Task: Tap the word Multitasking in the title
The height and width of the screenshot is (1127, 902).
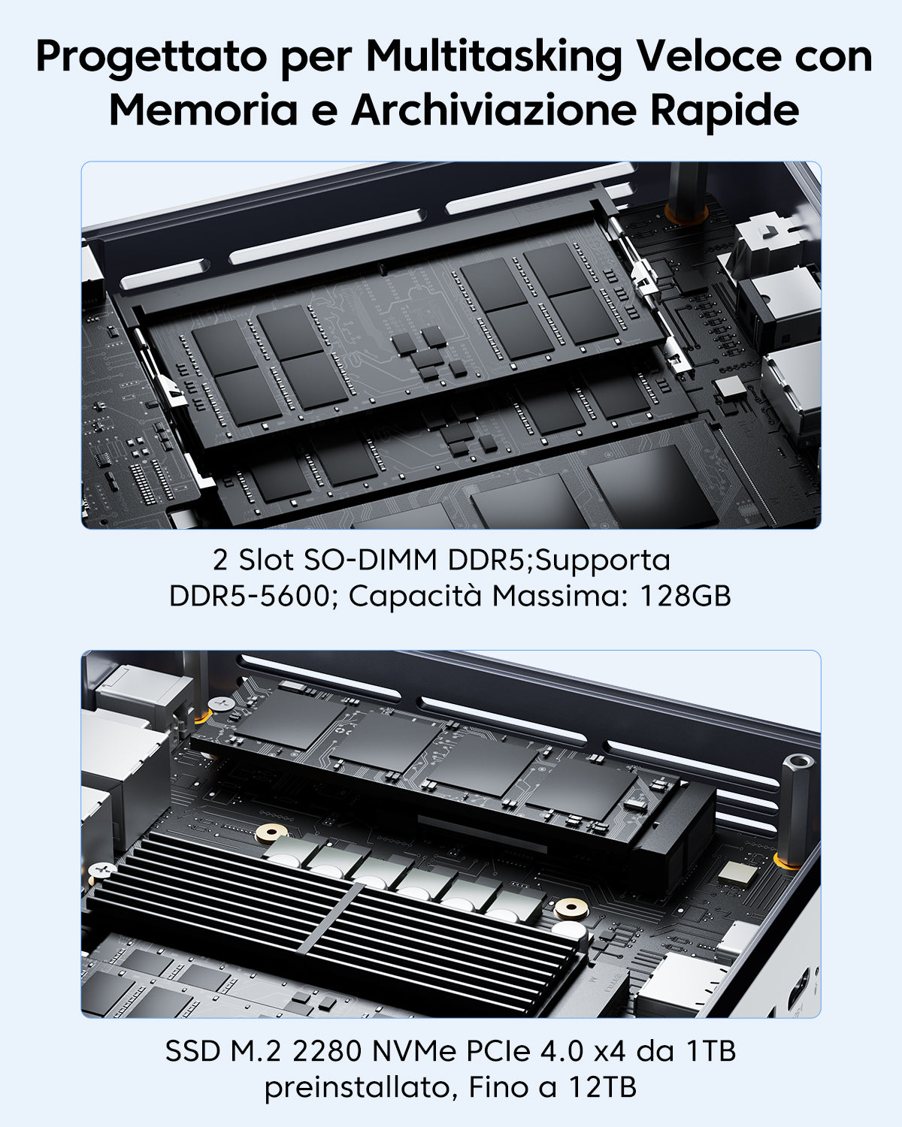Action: click(494, 56)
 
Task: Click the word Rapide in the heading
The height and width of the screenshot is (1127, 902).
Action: click(725, 111)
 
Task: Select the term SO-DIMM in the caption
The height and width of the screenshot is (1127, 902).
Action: click(371, 559)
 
